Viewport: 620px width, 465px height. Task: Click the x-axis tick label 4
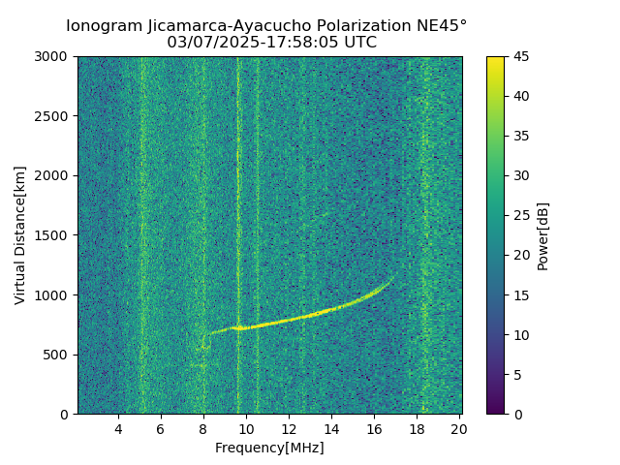(x=118, y=429)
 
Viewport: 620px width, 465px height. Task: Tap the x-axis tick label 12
(x=289, y=429)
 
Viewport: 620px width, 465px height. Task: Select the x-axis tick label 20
(x=459, y=429)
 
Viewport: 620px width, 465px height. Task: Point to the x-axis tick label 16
(x=374, y=429)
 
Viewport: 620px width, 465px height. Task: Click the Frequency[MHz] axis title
(x=269, y=448)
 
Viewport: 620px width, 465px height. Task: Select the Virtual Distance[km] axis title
(x=20, y=235)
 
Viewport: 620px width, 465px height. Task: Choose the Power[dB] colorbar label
(x=543, y=235)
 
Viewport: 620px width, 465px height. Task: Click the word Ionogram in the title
(x=104, y=25)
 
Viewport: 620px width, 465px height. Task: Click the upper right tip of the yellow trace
(x=392, y=279)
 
